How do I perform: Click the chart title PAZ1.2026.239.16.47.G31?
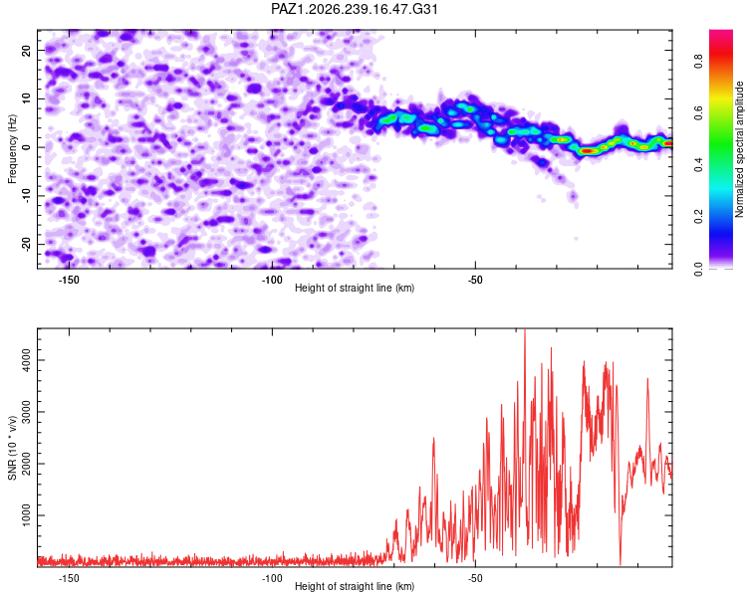354,9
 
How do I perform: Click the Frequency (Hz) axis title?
12,149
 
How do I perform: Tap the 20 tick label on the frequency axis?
27,50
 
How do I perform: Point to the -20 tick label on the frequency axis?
27,244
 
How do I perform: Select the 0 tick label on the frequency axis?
27,147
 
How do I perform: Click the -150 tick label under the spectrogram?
69,280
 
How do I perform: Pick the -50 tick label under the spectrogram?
475,280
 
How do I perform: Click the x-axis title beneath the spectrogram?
355,288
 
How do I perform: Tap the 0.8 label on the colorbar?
698,61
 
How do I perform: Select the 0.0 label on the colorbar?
698,269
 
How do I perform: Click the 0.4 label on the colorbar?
698,165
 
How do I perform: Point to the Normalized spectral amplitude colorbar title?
739,149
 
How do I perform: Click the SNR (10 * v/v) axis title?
12,448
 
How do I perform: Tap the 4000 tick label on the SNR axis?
27,360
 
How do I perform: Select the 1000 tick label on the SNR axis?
27,515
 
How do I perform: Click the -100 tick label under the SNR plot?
272,578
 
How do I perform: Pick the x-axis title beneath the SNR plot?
355,586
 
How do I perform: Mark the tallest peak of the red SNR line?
525,329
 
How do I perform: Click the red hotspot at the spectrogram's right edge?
669,143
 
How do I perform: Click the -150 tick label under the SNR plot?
69,578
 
